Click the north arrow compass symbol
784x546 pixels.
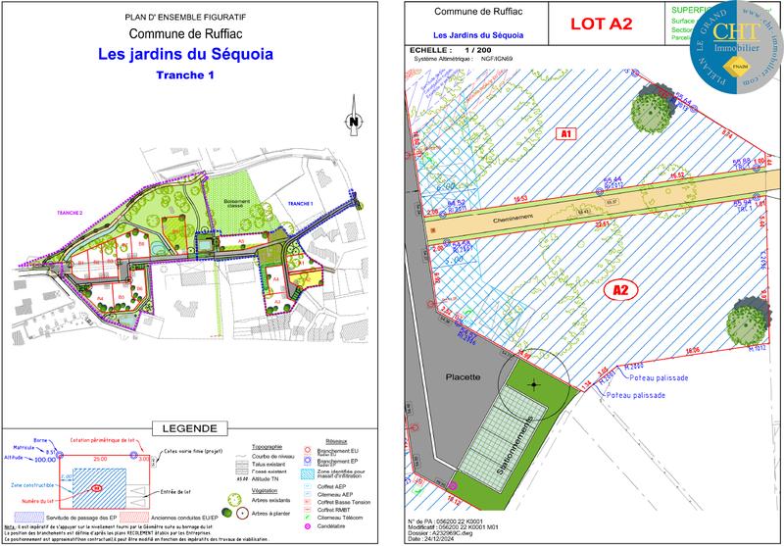[x=350, y=122]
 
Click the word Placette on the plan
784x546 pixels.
[x=464, y=376]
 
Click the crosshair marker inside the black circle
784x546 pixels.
[x=533, y=383]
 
